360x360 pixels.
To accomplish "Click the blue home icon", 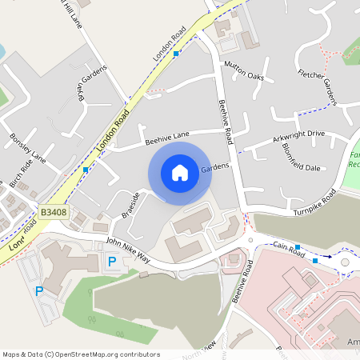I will (180, 173).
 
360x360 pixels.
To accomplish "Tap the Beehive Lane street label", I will (167, 139).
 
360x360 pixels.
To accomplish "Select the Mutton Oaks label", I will (244, 70).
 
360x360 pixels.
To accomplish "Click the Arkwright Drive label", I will (298, 137).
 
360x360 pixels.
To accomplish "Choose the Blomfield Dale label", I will (301, 158).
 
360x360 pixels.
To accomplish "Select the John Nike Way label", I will (128, 250).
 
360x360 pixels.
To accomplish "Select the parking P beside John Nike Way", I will (112, 262).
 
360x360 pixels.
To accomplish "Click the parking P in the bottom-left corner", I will (38, 291).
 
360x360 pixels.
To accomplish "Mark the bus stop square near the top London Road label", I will (176, 53).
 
